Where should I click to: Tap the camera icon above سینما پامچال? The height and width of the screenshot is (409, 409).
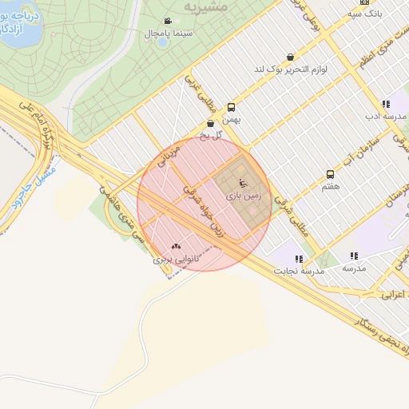click(167, 22)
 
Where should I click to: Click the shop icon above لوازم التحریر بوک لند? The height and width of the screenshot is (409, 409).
click(289, 58)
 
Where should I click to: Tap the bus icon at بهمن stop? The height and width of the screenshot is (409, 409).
click(232, 106)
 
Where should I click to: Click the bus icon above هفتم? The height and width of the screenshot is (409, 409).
click(330, 174)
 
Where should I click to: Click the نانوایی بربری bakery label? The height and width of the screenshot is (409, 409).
click(175, 260)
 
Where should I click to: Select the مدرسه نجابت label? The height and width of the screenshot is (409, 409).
click(300, 271)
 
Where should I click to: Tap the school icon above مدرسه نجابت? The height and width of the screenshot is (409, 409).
click(299, 259)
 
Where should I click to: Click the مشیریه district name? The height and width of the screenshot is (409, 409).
click(206, 6)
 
